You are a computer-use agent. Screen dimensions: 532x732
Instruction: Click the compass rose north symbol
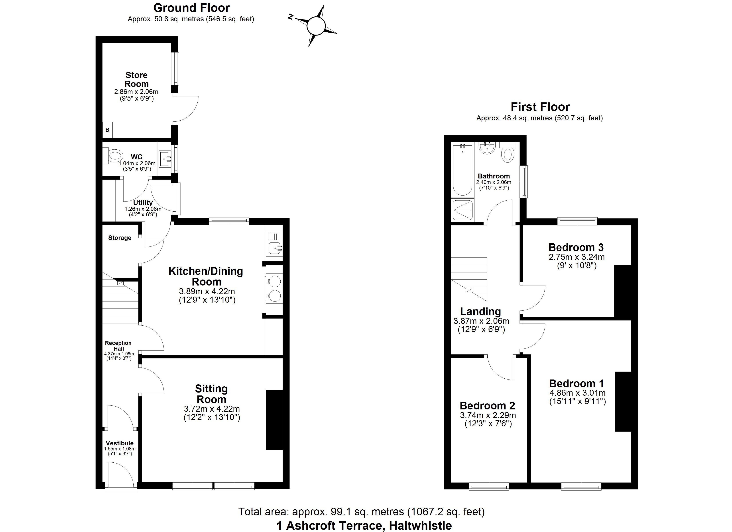[x=316, y=26]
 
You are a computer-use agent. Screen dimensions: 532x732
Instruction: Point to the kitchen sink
[x=274, y=248]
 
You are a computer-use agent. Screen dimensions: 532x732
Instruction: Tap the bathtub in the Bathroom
[x=462, y=170]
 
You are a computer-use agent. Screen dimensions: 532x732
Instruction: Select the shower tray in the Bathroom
[x=462, y=210]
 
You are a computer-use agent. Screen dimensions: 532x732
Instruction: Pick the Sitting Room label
[x=211, y=394]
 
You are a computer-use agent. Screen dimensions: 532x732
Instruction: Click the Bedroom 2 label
[x=487, y=405]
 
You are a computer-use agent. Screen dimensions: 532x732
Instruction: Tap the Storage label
[x=120, y=238]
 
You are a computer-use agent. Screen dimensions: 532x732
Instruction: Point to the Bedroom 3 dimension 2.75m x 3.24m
[x=577, y=257]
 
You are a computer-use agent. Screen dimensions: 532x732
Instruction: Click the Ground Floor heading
[x=191, y=8]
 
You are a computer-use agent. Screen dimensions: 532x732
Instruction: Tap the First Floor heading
[x=540, y=107]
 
